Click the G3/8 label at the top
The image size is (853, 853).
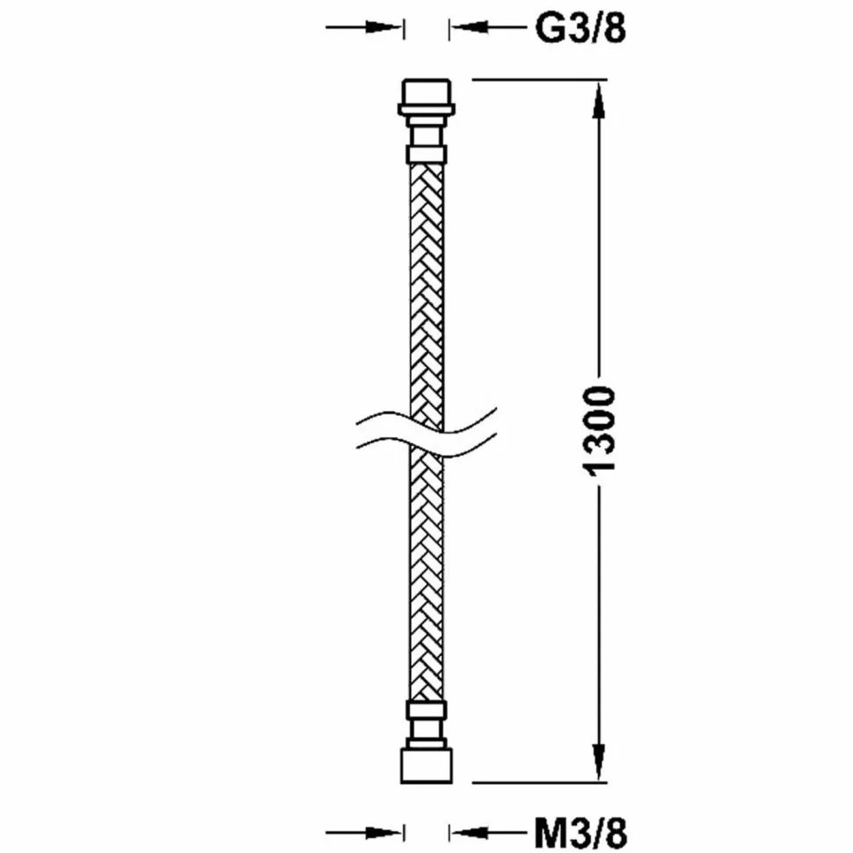[x=580, y=28]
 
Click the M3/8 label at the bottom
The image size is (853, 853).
[x=580, y=833]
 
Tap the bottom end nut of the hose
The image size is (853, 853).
[x=426, y=766]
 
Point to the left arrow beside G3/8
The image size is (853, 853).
[x=364, y=26]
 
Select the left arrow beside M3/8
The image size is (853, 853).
[x=364, y=832]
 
